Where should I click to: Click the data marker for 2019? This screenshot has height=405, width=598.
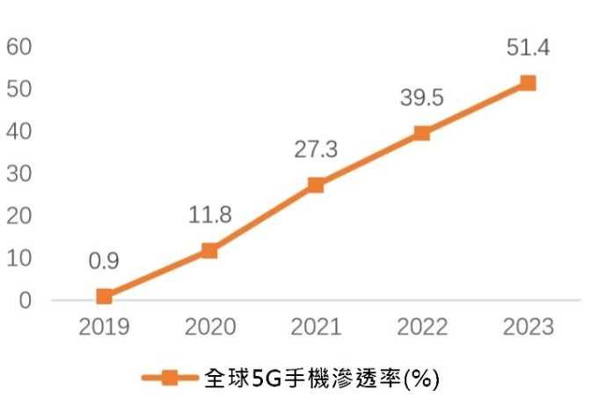click(105, 297)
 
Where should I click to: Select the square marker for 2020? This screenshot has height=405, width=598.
click(210, 251)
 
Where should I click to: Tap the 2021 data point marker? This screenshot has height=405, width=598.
click(316, 185)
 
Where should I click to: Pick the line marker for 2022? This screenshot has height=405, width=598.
click(421, 133)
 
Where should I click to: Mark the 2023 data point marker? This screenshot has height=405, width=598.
click(528, 84)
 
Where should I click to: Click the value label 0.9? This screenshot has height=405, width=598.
click(105, 261)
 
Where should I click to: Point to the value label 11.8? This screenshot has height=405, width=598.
click(210, 215)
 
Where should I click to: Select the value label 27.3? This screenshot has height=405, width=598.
click(316, 149)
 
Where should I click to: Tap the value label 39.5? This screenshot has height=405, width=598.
click(421, 98)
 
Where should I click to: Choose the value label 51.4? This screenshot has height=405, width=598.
click(528, 48)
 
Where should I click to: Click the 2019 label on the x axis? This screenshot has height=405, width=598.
click(105, 328)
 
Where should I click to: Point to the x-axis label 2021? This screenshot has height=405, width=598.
click(316, 328)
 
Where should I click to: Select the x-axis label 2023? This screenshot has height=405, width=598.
click(528, 328)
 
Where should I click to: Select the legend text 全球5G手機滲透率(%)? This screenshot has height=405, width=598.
click(321, 379)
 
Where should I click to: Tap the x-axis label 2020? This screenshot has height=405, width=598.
click(210, 328)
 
